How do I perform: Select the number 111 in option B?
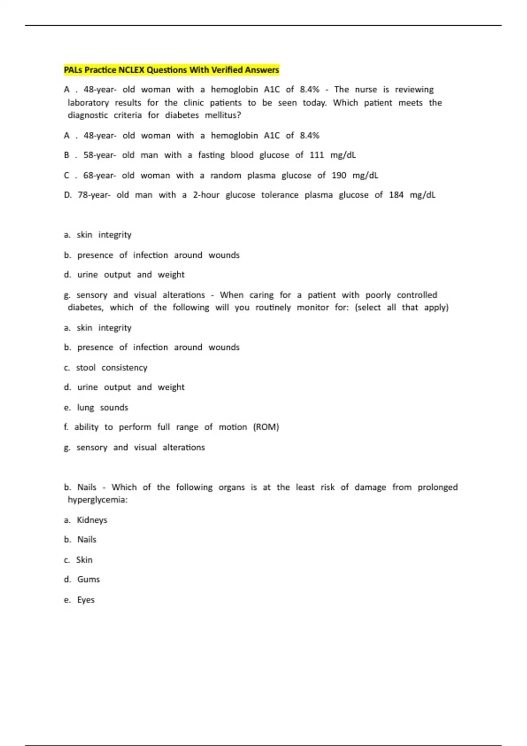coord(317,155)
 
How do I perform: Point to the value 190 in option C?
coord(339,176)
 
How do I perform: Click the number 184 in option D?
coord(396,195)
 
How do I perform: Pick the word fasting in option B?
coord(211,155)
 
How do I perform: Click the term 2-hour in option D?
coord(206,195)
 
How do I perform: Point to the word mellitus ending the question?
coord(223,115)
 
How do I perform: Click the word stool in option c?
coord(86,368)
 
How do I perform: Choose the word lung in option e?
coord(86,408)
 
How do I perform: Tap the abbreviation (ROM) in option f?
coord(266,427)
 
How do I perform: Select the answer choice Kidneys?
coord(92,520)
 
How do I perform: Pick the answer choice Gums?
coord(88,579)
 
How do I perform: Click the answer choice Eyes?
coord(86,600)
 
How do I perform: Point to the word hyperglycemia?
coord(97,500)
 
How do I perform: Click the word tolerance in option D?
coord(280,195)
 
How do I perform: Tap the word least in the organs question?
coord(305,487)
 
